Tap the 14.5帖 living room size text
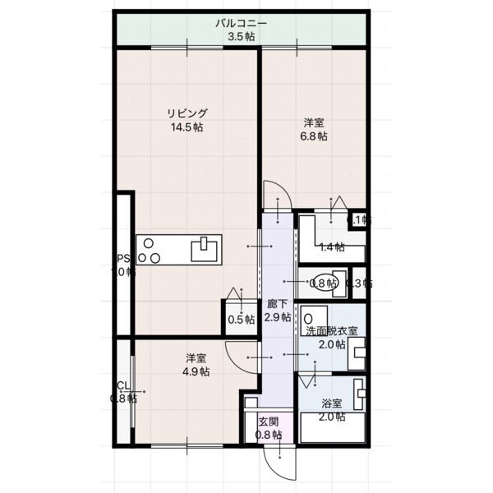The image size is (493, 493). pos(187,127)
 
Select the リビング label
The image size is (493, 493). pos(187,113)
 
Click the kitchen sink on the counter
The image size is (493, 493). pos(206,247)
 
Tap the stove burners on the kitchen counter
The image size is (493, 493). pos(149,250)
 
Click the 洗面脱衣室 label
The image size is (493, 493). pos(332,330)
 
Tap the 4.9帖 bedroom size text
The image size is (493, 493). pos(195,371)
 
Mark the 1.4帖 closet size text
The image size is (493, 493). pos(330,246)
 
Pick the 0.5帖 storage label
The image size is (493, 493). pos(240,320)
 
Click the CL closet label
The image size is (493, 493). pos(122,386)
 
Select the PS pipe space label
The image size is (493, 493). pos(123,256)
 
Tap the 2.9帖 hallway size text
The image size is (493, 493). pos(278,317)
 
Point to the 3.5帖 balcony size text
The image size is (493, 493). pos(242,37)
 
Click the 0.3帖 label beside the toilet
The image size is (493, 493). pos(359,283)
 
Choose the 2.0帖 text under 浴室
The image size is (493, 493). pos(331,417)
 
